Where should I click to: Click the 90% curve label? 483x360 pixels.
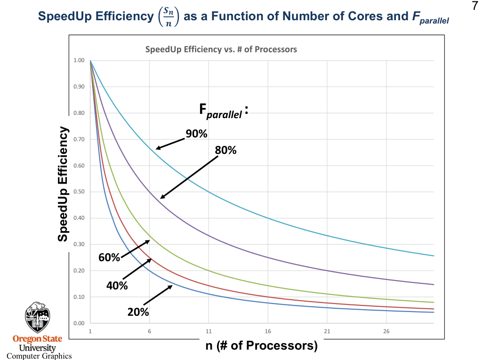click(x=196, y=134)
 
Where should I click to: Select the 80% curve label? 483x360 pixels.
click(x=225, y=151)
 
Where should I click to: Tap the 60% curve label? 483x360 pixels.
click(x=109, y=257)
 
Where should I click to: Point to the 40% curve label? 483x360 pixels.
click(x=117, y=285)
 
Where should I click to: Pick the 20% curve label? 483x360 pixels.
click(x=138, y=312)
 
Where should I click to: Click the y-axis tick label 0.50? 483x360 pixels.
click(x=79, y=192)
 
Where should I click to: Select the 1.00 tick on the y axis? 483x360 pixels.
click(x=79, y=60)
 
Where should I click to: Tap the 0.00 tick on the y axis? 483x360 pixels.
click(x=79, y=323)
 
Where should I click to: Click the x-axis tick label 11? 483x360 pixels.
click(x=209, y=331)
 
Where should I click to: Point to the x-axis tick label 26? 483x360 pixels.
click(x=386, y=331)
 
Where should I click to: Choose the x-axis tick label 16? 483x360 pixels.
click(x=268, y=331)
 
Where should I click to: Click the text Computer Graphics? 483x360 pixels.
click(x=39, y=356)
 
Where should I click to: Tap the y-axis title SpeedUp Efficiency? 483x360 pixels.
click(x=63, y=184)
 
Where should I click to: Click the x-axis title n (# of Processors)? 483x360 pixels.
click(x=262, y=346)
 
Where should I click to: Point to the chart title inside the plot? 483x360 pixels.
click(x=221, y=49)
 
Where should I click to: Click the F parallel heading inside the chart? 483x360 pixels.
click(x=223, y=112)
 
